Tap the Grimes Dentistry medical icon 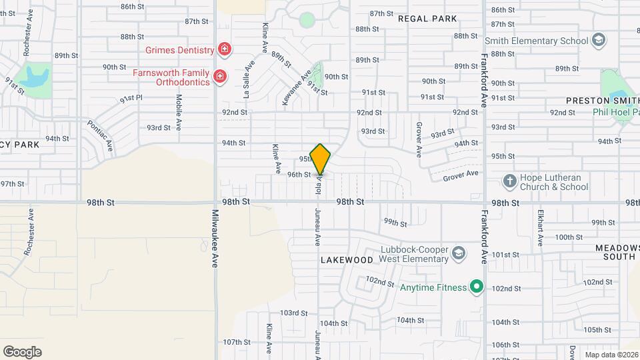pyautogui.click(x=225, y=49)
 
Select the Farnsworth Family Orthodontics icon pyautogui.click(x=219, y=78)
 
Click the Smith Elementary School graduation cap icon pyautogui.click(x=599, y=41)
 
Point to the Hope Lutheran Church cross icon pyautogui.click(x=509, y=181)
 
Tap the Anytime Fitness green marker pyautogui.click(x=476, y=287)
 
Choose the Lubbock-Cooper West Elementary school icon pyautogui.click(x=458, y=253)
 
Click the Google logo pyautogui.click(x=22, y=351)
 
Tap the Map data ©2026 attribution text pyautogui.click(x=611, y=355)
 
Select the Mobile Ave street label pyautogui.click(x=179, y=111)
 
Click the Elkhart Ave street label pyautogui.click(x=541, y=231)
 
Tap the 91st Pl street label pyautogui.click(x=131, y=99)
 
